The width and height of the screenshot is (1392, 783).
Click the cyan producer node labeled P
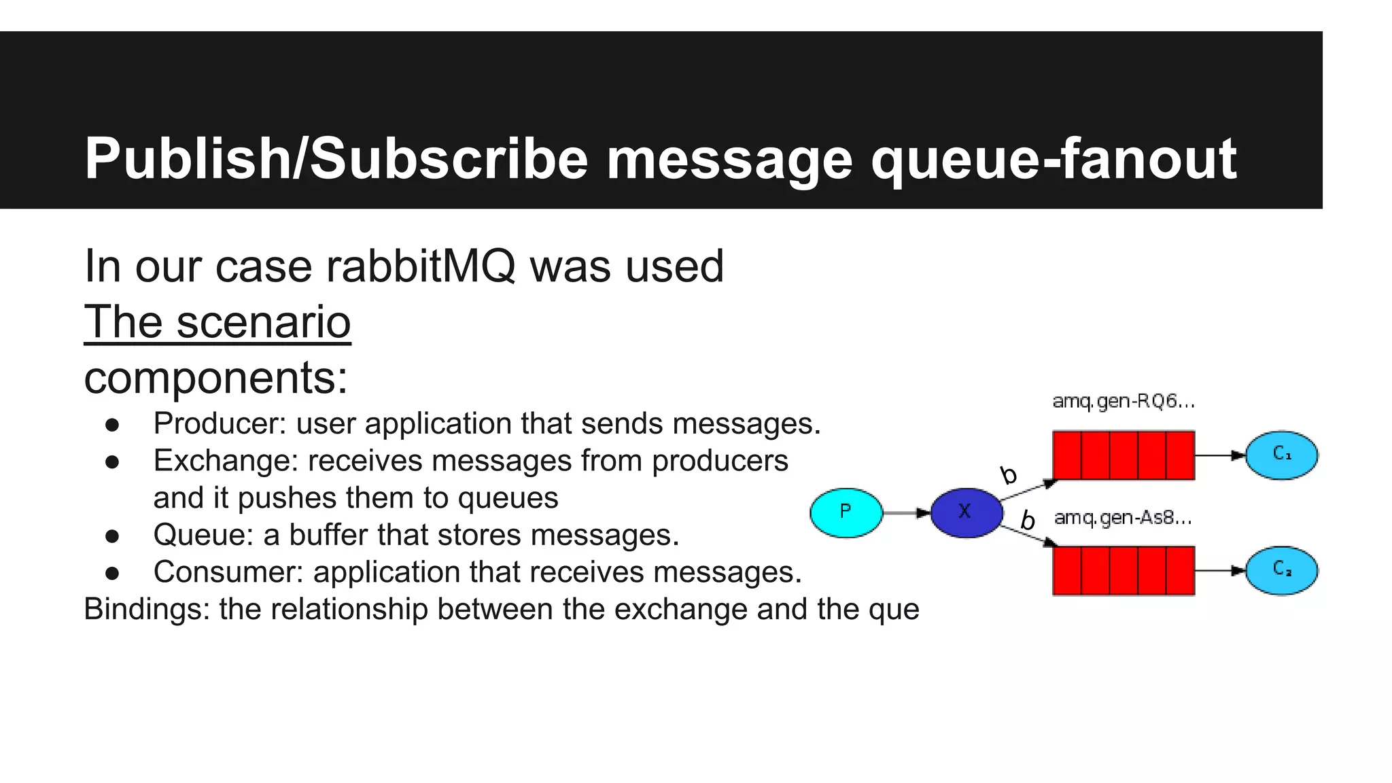pos(846,512)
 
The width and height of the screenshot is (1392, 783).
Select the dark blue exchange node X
pos(966,512)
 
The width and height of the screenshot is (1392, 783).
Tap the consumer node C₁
pos(1281,455)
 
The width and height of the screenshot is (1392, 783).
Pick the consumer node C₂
pos(1281,570)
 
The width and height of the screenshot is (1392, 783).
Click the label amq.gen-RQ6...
pos(1123,402)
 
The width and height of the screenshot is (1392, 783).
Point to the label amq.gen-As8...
pos(1123,518)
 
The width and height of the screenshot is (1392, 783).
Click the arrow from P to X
pos(906,512)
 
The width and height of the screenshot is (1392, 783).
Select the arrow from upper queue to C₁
pos(1220,455)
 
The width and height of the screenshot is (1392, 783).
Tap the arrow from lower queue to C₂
pos(1220,571)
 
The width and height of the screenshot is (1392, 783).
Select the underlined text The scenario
pos(217,321)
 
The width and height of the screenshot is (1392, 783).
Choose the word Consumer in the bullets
pos(228,572)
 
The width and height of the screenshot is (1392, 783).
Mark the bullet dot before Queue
pos(112,536)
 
